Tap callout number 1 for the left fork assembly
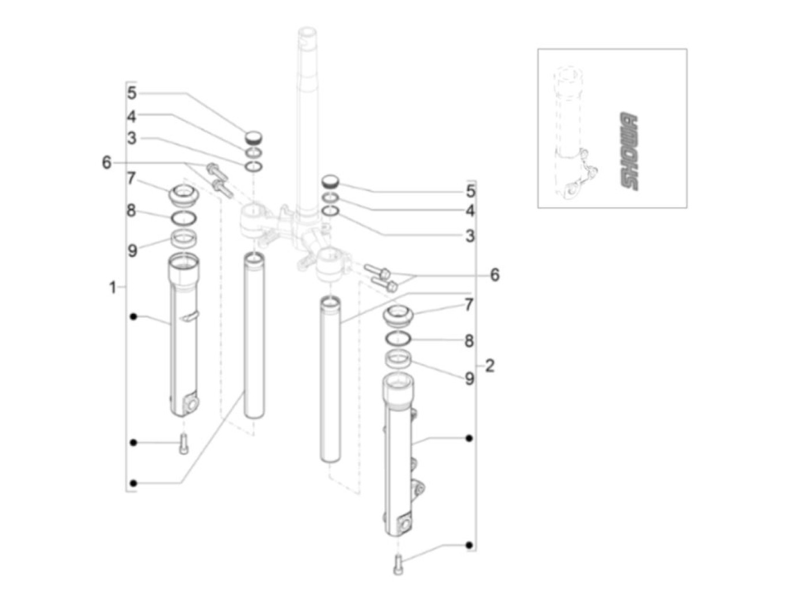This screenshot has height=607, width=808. pos(113,287)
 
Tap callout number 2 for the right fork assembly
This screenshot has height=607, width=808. pos(489,366)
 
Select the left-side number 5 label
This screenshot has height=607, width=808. pos(132,93)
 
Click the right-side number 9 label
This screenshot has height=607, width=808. pos(469,379)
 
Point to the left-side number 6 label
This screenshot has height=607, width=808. pos(106,162)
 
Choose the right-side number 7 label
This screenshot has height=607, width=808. pos(468,305)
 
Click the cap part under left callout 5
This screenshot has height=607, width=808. pos(253,137)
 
